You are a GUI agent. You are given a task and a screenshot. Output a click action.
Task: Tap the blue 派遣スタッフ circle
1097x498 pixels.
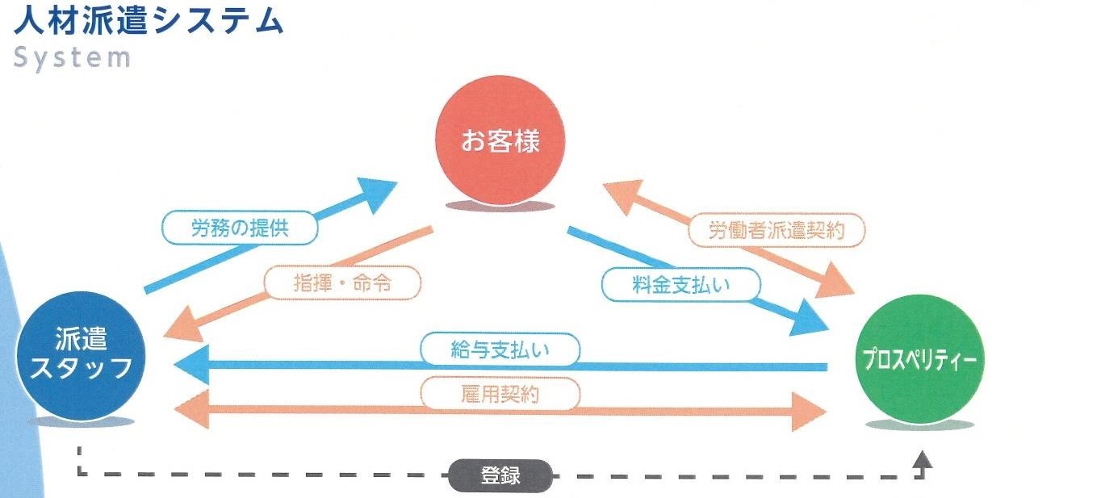82,355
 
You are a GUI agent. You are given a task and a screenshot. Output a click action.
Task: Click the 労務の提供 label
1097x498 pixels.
241,228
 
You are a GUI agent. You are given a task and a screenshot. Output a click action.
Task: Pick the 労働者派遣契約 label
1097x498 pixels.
777,231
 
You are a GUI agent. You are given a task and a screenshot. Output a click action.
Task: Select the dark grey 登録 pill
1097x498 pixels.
500,475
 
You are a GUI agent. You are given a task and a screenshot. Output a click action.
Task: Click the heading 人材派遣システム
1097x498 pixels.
149,20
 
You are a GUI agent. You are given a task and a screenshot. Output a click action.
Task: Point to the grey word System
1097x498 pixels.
72,57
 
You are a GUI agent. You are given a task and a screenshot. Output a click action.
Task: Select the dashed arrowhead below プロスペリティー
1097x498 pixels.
922,460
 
